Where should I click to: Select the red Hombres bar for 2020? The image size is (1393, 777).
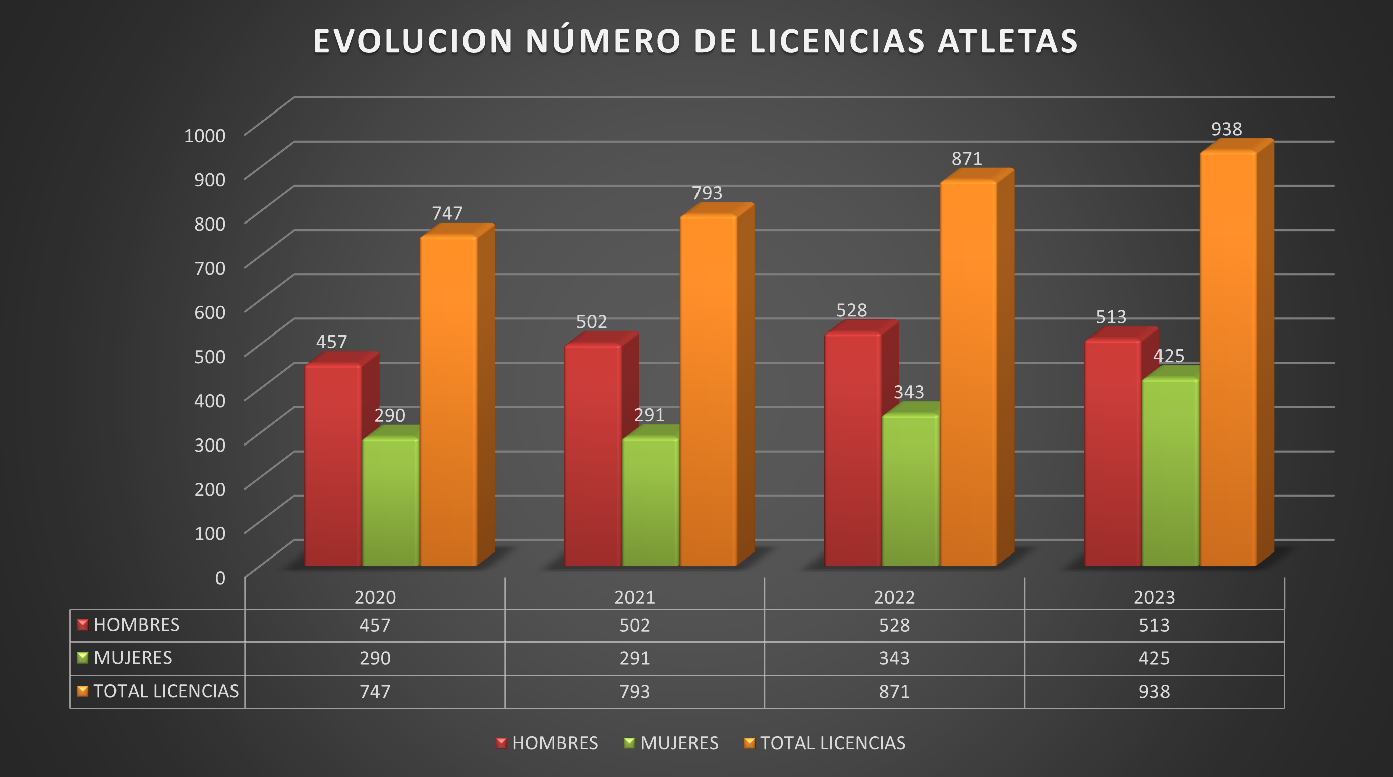(x=332, y=465)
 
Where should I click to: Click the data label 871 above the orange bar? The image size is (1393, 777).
(x=966, y=158)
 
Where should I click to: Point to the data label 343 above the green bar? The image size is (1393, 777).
(x=908, y=391)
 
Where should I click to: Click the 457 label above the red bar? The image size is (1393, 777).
(x=331, y=342)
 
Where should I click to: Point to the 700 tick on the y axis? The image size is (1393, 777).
(x=210, y=268)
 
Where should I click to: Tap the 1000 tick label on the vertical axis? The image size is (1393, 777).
(x=205, y=135)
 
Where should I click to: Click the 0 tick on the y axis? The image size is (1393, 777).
(x=220, y=578)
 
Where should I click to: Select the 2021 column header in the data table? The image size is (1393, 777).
(x=634, y=597)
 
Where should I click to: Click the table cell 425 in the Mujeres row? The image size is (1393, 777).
(x=1153, y=658)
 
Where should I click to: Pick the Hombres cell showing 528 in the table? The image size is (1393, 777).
(x=894, y=625)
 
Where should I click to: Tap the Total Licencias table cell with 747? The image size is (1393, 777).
(x=375, y=691)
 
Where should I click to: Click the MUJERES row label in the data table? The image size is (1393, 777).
(x=133, y=658)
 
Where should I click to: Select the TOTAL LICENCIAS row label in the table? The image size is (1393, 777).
(x=166, y=691)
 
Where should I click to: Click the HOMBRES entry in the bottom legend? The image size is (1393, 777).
(x=554, y=743)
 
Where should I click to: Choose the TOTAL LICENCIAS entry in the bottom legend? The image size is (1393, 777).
(x=832, y=743)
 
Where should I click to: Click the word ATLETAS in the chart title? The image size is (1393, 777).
(x=1007, y=41)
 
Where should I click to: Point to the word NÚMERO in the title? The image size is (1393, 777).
(x=603, y=41)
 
